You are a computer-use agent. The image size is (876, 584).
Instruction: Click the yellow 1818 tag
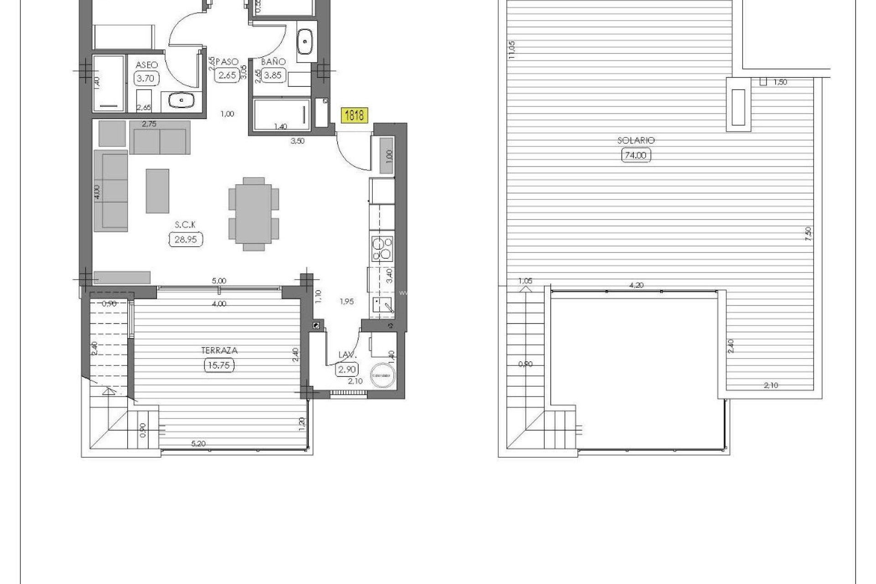coord(354,115)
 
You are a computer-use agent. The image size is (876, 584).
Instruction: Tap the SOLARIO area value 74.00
coord(636,155)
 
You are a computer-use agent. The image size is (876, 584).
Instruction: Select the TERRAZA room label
coord(219,350)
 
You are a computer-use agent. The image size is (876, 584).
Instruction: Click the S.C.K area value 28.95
coord(186,239)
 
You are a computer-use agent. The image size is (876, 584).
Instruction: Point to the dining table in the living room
coord(254,214)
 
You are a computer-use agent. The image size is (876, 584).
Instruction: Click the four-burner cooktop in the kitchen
coord(382,249)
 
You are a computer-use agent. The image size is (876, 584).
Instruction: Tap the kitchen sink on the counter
coord(382,305)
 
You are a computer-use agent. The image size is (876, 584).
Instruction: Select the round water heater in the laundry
coord(382,375)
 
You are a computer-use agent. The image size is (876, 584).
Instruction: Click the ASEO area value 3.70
coord(146,78)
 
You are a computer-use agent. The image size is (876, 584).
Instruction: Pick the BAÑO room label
coord(273,62)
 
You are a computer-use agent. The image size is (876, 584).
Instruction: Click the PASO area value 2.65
coord(227,75)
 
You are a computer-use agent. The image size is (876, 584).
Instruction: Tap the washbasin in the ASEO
coord(182,100)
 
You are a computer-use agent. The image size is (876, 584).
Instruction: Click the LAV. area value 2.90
coord(347,369)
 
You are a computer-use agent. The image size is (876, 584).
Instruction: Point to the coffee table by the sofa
coord(157,191)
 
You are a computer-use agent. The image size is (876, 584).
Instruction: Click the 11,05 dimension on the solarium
coord(511,50)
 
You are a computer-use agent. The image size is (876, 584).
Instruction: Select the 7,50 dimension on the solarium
coord(808,234)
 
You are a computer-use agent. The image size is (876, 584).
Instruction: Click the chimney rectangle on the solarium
coord(738,108)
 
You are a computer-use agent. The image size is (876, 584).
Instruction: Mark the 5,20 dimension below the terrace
coord(198,443)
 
